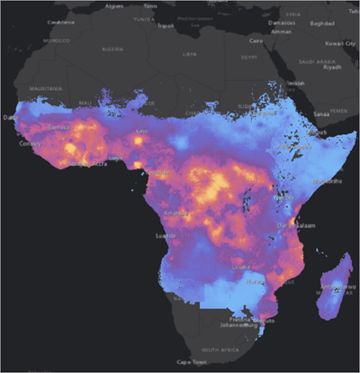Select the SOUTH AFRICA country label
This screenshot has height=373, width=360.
point(220,349)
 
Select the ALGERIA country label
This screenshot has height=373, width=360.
point(112,50)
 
